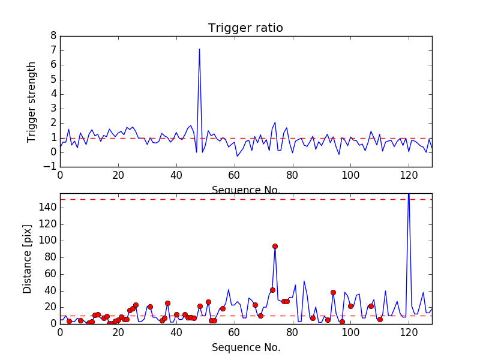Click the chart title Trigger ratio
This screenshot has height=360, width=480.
[245, 28]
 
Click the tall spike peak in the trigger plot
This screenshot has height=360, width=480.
[199, 49]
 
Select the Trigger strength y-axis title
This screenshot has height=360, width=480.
[32, 102]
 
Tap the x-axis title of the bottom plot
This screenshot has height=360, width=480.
[246, 347]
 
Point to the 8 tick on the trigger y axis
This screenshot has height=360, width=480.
[53, 36]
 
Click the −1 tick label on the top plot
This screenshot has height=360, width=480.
[50, 166]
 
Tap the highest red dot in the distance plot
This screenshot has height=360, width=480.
[275, 246]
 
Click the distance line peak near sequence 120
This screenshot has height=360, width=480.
[409, 194]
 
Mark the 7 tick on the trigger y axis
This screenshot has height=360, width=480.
[53, 50]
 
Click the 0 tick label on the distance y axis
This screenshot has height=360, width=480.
[53, 323]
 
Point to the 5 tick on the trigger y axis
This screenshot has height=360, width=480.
[53, 79]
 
